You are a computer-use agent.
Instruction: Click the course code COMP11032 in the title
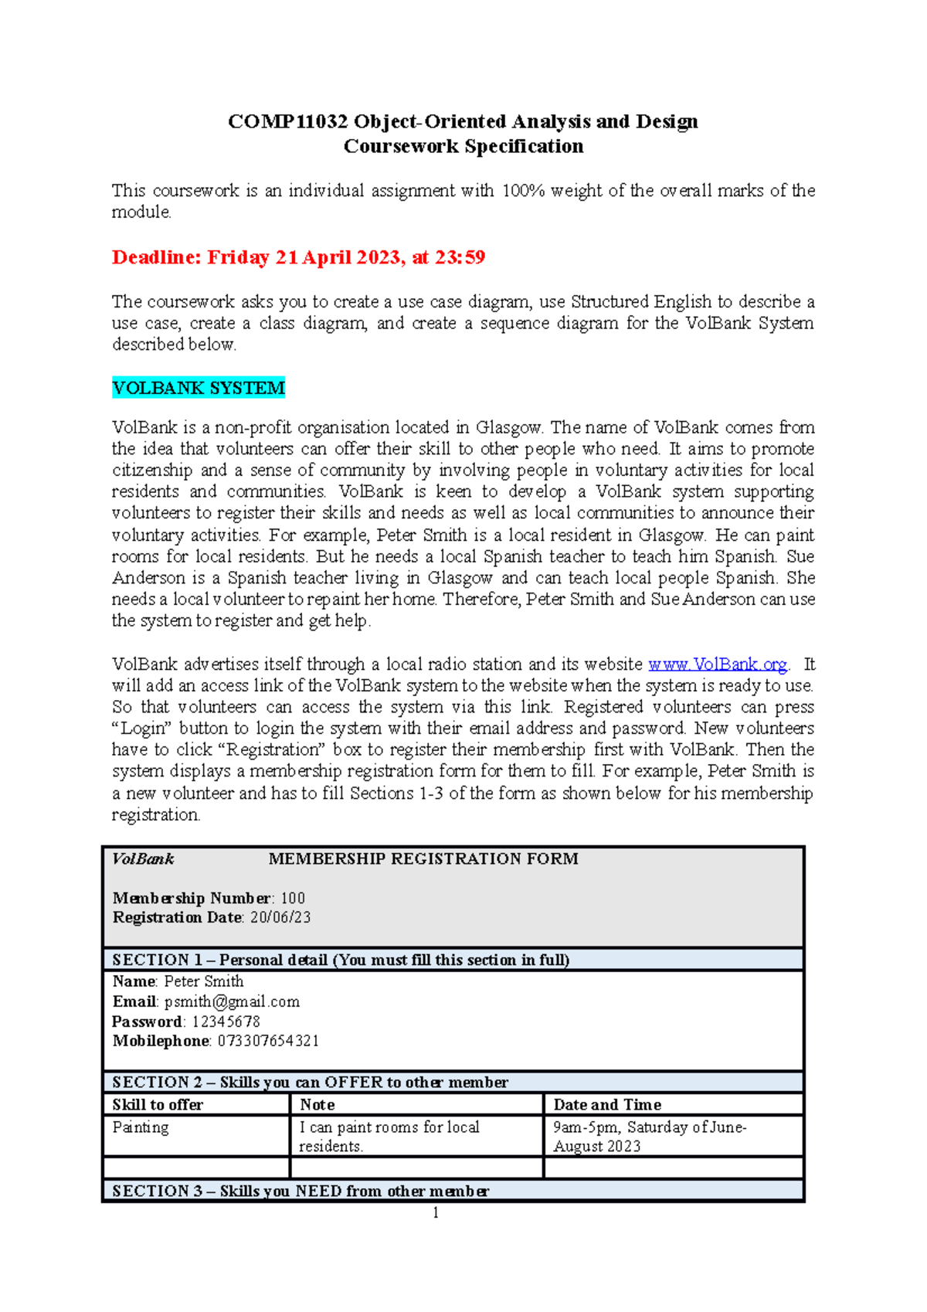point(287,122)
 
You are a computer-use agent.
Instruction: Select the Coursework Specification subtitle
point(463,147)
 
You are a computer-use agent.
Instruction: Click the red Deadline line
point(298,257)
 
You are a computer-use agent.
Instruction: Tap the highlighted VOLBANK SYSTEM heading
point(199,388)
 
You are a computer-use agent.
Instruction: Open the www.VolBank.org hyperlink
point(717,664)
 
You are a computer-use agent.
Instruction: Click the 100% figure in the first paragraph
point(523,191)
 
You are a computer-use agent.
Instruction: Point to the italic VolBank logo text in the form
point(143,859)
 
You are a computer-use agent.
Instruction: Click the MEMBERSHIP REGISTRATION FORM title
point(423,859)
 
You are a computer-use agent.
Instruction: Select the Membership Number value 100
point(293,899)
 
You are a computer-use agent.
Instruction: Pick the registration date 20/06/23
point(280,918)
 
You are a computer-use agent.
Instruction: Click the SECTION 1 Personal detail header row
point(341,960)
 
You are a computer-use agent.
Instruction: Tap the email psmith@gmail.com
point(232,1002)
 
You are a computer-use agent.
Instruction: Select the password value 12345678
point(226,1021)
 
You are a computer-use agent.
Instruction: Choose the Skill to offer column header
point(158,1105)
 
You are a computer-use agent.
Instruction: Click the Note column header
point(317,1105)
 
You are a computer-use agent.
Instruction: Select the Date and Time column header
point(607,1105)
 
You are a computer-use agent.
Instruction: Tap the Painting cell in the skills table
point(140,1127)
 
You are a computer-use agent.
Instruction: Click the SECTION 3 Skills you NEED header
point(301,1191)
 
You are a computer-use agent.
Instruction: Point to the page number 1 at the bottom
point(436,1213)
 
